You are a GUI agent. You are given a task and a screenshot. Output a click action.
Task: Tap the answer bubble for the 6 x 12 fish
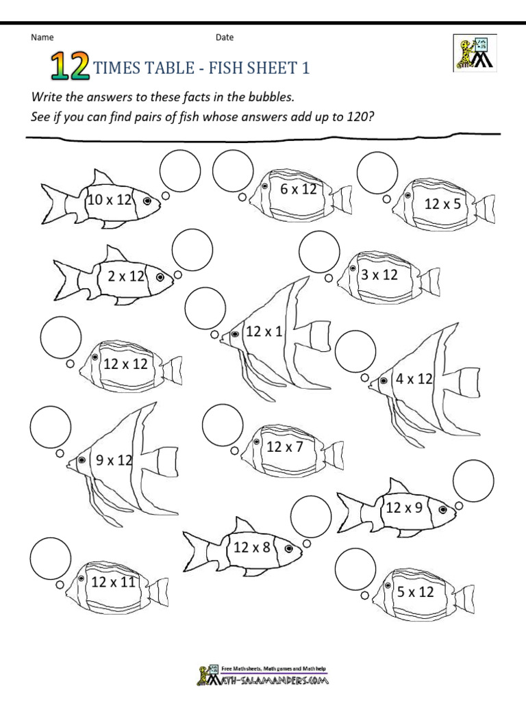coord(233,172)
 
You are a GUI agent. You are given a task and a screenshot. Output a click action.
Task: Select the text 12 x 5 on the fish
coord(442,203)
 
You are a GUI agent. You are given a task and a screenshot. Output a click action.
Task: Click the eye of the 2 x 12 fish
coord(161,278)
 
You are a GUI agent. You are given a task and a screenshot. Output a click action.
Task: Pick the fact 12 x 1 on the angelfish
coord(264,332)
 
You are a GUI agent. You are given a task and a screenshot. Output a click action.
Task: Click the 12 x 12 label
coord(125,364)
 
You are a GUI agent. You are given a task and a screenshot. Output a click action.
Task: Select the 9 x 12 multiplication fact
coord(114,461)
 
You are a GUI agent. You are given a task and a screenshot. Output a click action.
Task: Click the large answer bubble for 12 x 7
coord(223,424)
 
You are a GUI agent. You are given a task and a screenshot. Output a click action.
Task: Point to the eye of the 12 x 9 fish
coord(442,509)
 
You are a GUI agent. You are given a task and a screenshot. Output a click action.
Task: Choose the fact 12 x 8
coord(251,547)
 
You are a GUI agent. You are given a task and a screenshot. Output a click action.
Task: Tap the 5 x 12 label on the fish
coord(416,592)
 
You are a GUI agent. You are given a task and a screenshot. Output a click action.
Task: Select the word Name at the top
coord(42,38)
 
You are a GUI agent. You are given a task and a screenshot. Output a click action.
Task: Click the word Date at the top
coord(225,38)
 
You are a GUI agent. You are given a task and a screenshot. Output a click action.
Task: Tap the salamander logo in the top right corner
coord(474,52)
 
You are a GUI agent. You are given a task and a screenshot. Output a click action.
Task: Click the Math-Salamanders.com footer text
coord(277,681)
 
